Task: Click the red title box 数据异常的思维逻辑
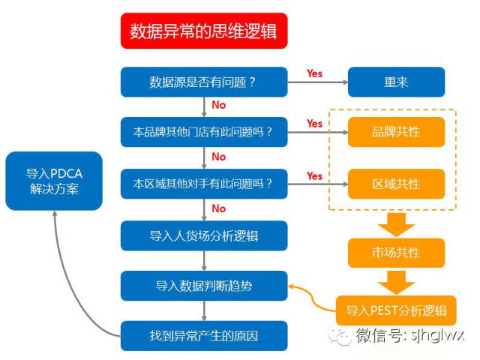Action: [204, 31]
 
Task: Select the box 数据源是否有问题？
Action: [204, 82]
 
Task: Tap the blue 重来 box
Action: [396, 82]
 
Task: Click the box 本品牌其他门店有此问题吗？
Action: [204, 133]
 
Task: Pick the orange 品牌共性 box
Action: [396, 132]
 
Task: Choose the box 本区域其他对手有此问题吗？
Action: [204, 184]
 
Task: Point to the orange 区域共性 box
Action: [396, 184]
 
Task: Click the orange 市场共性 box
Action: [396, 252]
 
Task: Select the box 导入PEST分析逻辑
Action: [396, 310]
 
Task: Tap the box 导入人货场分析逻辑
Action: [204, 235]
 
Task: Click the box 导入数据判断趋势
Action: [204, 286]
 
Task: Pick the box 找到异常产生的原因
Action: [204, 335]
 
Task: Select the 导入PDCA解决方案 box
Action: [53, 181]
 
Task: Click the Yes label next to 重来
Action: [314, 73]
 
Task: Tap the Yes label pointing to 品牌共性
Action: [314, 124]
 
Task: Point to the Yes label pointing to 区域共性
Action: [314, 175]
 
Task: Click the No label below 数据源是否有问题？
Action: [219, 106]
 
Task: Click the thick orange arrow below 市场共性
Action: [396, 281]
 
